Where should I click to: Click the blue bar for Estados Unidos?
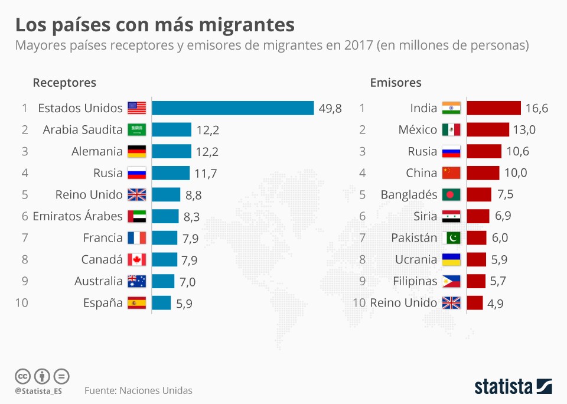coord(233,108)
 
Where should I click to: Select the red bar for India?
coord(493,108)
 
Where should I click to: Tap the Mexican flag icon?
coord(451,130)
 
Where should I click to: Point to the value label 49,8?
coord(330,109)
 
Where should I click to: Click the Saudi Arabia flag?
coord(137,130)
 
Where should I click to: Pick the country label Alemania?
coord(97,151)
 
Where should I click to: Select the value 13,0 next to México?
coord(524,130)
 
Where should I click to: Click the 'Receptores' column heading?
coord(64,83)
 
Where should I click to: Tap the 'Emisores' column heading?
coord(396,83)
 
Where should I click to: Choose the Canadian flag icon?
coord(137,260)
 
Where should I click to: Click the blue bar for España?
coord(161,303)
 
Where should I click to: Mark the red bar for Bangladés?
coord(478,195)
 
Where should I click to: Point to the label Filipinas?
coord(415,281)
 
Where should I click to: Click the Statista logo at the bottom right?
coord(513,387)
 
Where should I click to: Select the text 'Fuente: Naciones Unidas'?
coord(138,390)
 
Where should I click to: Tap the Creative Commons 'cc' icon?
coord(22,376)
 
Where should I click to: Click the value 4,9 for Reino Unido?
coord(496,304)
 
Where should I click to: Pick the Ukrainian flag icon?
coord(451,260)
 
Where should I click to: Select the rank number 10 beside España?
coord(21,303)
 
